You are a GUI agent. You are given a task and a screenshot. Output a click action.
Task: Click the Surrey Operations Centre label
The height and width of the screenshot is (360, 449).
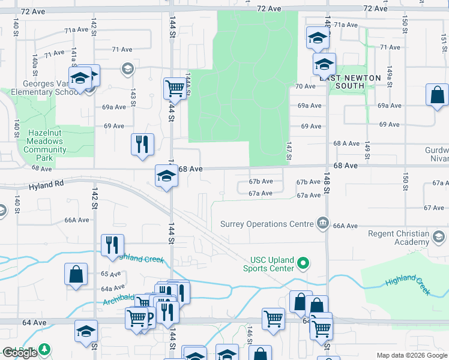(262, 224)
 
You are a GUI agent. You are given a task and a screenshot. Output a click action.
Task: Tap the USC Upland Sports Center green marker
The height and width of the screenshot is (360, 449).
(304, 263)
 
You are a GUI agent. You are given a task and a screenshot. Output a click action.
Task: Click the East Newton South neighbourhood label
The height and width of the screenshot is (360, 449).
(350, 82)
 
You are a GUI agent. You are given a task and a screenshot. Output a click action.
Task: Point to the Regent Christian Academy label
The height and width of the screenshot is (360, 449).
(399, 238)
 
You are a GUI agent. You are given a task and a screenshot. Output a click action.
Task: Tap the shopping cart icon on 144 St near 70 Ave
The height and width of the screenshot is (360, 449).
(174, 88)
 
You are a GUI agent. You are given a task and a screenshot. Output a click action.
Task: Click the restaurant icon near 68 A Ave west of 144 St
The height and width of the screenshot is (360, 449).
(142, 144)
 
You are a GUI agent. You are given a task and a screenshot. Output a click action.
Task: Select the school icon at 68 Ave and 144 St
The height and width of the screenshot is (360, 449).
(166, 176)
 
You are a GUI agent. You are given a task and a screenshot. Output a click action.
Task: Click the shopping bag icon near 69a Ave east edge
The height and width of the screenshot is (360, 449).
(437, 95)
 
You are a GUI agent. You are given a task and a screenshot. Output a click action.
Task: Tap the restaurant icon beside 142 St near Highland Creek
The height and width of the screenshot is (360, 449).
(112, 245)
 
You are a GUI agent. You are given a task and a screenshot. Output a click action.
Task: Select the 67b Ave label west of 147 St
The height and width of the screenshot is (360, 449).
(261, 181)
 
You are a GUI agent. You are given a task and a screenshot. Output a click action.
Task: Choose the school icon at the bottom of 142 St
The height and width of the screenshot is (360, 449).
(86, 331)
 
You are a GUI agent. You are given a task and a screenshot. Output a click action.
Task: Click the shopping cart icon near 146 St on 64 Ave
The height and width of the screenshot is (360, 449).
(273, 319)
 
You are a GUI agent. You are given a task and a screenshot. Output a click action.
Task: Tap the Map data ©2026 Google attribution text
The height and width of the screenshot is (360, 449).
(412, 355)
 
